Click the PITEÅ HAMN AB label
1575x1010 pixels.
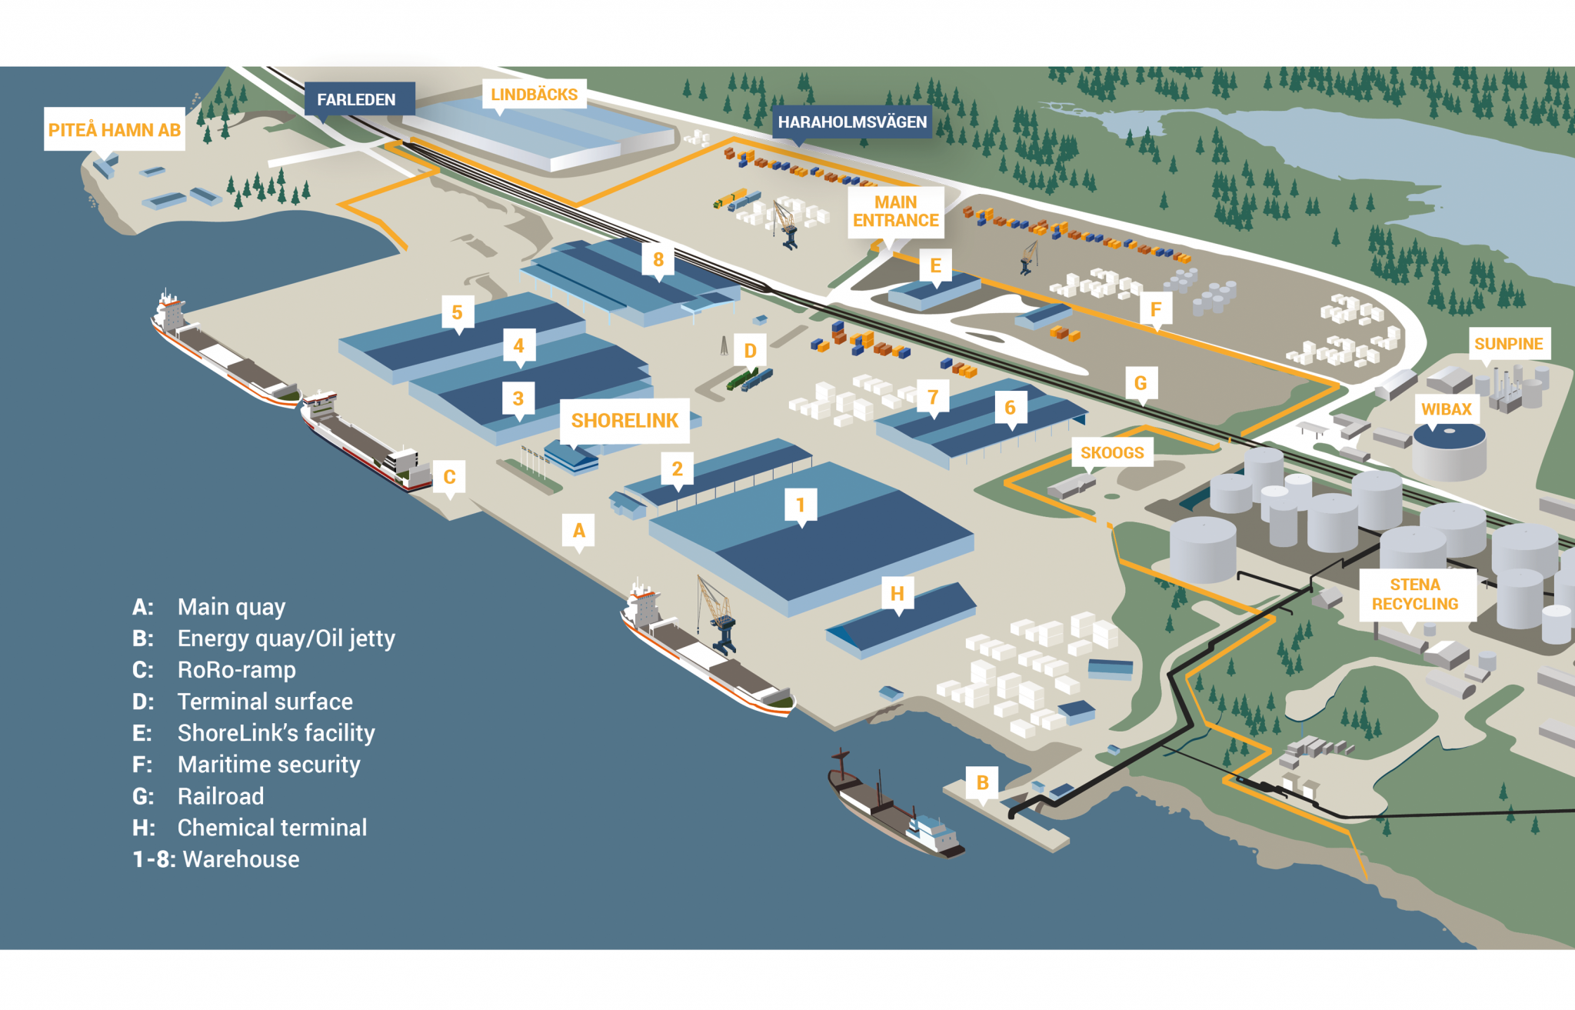point(114,129)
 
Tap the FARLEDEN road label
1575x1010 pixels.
point(357,99)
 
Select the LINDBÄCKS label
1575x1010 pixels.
point(534,94)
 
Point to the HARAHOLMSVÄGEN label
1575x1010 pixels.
point(851,122)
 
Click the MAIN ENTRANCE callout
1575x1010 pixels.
point(895,212)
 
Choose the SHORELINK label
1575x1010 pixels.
point(624,421)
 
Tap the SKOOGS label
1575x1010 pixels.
point(1112,452)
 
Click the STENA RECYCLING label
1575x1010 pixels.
point(1415,594)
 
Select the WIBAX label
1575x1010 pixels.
point(1446,409)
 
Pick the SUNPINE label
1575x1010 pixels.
point(1508,344)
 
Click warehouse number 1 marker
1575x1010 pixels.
point(801,505)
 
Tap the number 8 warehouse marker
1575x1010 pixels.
point(658,260)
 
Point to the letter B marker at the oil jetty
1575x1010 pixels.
point(982,783)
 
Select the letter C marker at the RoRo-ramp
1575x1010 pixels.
point(450,477)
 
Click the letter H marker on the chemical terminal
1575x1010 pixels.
point(897,594)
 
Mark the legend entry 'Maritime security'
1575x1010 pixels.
point(268,765)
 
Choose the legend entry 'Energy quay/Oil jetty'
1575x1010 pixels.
point(286,638)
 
